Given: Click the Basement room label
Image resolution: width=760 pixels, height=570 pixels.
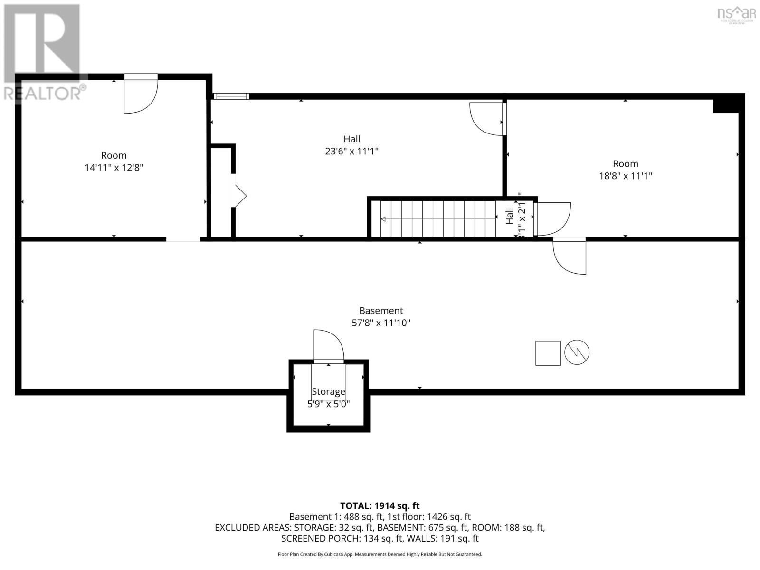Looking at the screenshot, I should coord(381,311).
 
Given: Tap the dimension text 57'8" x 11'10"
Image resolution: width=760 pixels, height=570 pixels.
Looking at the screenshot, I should coord(381,323).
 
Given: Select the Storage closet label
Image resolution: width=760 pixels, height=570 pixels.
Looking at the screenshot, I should coord(328,392).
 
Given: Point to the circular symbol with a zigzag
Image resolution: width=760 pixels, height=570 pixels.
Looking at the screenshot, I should coord(577,352).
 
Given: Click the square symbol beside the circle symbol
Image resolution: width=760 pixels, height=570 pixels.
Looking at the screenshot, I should coord(548,353).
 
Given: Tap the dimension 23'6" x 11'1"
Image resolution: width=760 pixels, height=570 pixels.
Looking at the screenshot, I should coord(351,152).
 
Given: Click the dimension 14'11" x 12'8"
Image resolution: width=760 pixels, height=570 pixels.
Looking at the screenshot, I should coord(114,168).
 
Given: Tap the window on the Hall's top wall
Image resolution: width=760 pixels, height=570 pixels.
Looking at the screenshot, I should coord(231,96).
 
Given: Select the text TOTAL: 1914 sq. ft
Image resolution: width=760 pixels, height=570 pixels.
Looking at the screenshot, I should coord(380,506).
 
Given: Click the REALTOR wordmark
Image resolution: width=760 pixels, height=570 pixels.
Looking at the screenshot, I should coord(45,93).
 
